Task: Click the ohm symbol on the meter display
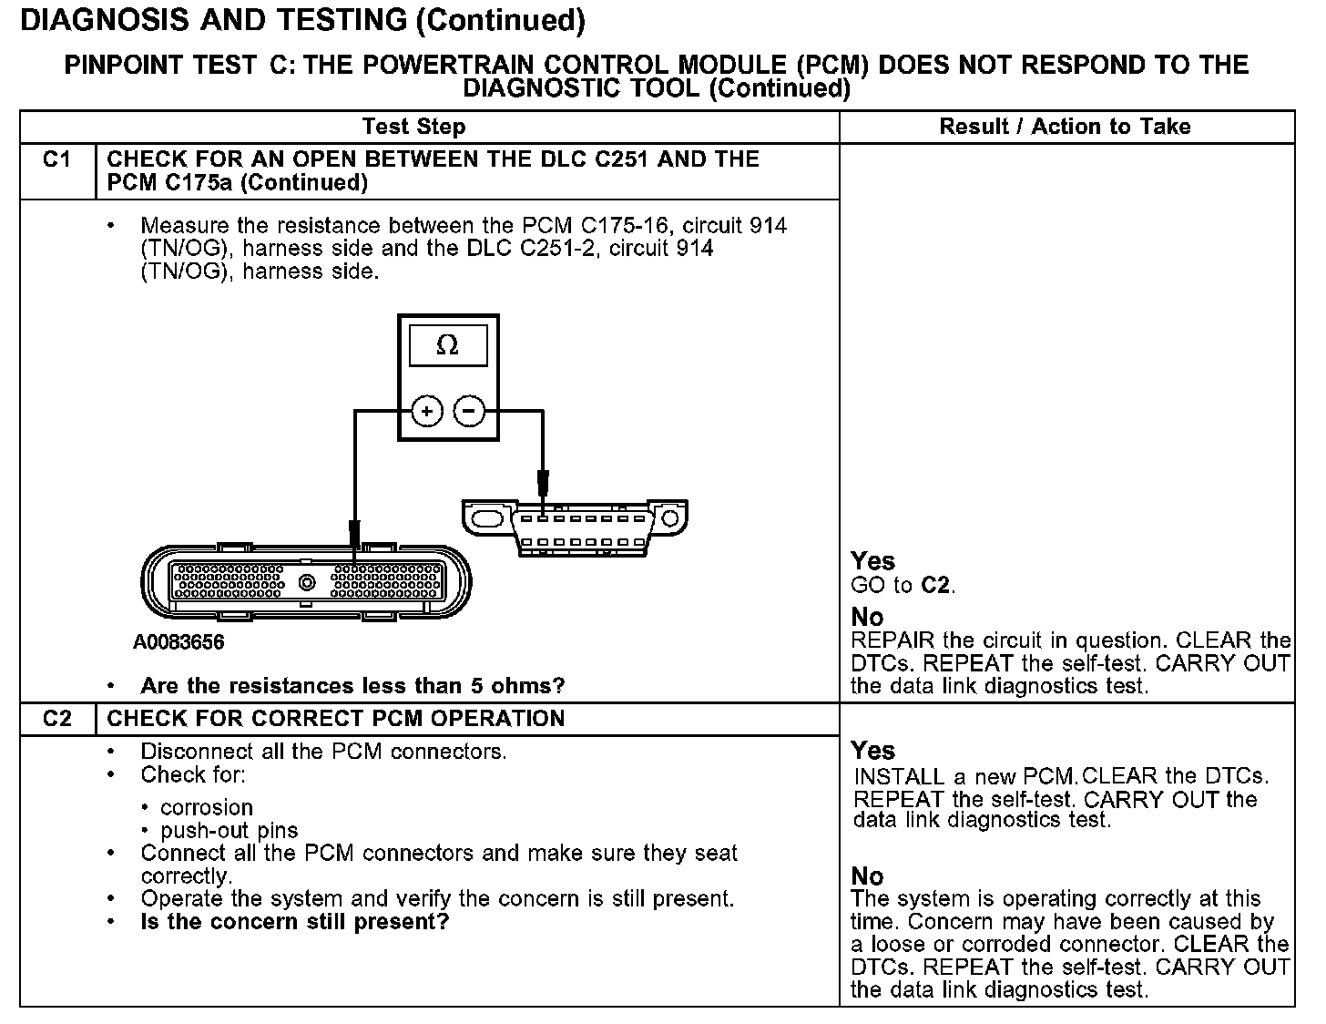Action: [447, 345]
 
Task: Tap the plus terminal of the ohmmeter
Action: [426, 412]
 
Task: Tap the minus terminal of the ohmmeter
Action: [469, 412]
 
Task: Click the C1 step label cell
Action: [56, 160]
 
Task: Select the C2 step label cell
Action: [56, 719]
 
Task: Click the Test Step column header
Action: [413, 127]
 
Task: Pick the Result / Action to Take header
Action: [1065, 127]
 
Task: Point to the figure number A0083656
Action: [178, 642]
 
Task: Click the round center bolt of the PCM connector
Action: [308, 582]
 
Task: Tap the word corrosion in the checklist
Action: [206, 807]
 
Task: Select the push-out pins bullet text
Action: [229, 830]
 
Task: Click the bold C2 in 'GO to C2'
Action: [935, 585]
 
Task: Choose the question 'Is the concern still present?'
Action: [295, 921]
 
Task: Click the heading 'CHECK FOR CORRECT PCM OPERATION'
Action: [336, 719]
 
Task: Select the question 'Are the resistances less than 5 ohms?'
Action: [352, 686]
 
